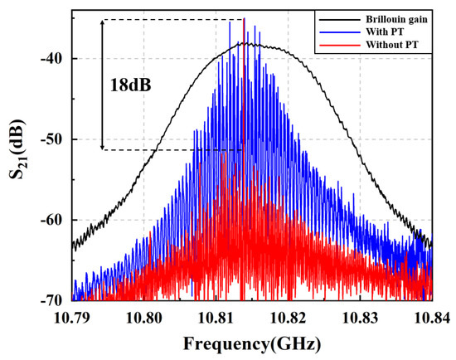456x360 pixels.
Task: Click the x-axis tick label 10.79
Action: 73,316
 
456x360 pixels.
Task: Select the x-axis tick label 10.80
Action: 144,316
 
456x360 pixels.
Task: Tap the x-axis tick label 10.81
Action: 216,316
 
